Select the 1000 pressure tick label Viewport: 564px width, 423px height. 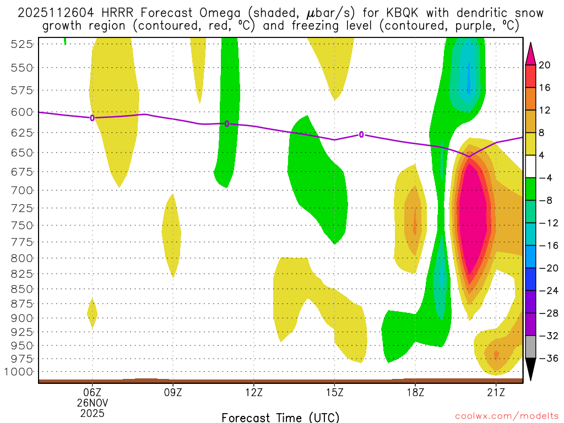pyautogui.click(x=19, y=371)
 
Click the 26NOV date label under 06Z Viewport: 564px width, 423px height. pyautogui.click(x=92, y=402)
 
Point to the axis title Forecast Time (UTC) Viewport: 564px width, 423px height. pyautogui.click(x=280, y=417)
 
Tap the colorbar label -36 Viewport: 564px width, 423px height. pyautogui.click(x=545, y=359)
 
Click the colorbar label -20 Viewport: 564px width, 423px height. pyautogui.click(x=545, y=268)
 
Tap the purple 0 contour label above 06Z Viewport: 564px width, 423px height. pyautogui.click(x=92, y=117)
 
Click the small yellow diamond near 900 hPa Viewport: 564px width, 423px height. pyautogui.click(x=92, y=314)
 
